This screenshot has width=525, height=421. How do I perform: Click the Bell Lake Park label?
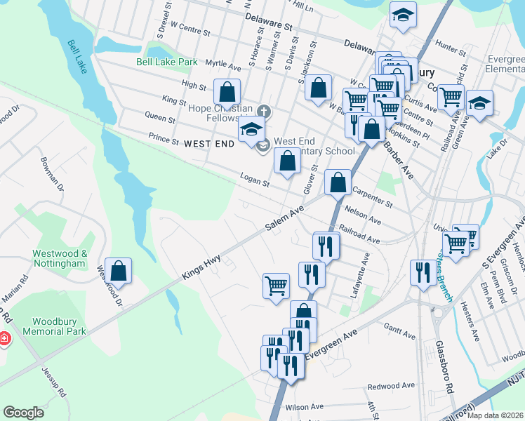[x=167, y=62]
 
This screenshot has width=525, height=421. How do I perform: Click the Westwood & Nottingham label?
[x=59, y=258]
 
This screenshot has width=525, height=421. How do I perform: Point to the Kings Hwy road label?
[x=202, y=267]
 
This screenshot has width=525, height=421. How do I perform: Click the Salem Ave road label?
[x=284, y=219]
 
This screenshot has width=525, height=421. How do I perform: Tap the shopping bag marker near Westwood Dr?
[x=119, y=271]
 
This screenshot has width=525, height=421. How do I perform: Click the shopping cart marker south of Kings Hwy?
[x=276, y=285]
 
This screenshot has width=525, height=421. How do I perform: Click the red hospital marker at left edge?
[x=4, y=340]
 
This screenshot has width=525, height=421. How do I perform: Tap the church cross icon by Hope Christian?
[x=263, y=111]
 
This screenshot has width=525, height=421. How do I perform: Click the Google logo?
[x=24, y=413]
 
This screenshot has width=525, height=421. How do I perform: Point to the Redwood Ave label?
[x=392, y=386]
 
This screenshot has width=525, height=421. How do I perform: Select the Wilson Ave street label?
[x=304, y=406]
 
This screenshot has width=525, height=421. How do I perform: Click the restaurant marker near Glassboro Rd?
[x=423, y=272]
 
